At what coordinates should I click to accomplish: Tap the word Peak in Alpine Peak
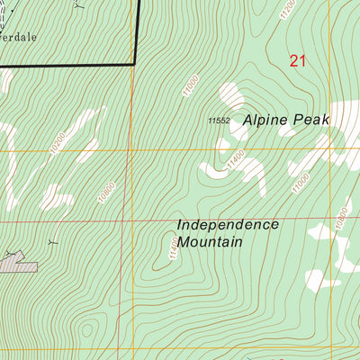pyautogui.click(x=316, y=119)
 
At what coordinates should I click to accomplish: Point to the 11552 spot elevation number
pyautogui.click(x=220, y=121)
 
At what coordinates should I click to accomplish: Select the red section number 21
pyautogui.click(x=298, y=60)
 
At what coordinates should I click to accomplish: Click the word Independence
pyautogui.click(x=228, y=224)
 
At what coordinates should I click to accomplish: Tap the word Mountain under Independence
pyautogui.click(x=211, y=241)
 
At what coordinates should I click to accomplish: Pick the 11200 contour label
pyautogui.click(x=287, y=10)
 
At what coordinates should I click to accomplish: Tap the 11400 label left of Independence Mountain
pyautogui.click(x=172, y=247)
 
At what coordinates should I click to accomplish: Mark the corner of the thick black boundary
pyautogui.click(x=135, y=64)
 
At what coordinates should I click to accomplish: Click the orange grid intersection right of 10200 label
pyautogui.click(x=131, y=150)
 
